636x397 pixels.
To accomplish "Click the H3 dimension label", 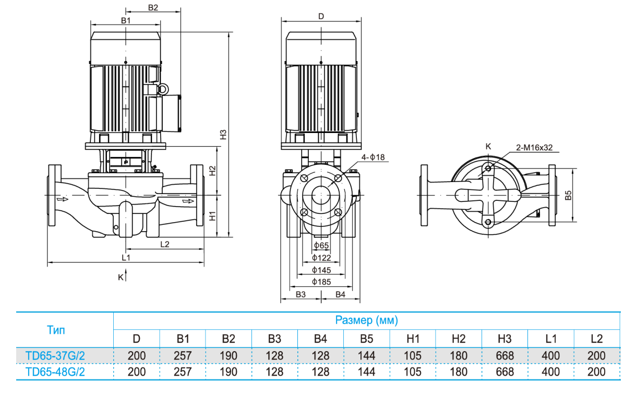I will (x=223, y=134).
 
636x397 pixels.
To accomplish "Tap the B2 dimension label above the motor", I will (x=153, y=8).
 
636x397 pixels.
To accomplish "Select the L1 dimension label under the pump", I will (x=125, y=258).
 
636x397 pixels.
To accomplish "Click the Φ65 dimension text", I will (x=321, y=245).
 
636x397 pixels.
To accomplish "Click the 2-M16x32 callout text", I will (x=534, y=148).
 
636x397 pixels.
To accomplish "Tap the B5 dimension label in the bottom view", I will (x=569, y=195).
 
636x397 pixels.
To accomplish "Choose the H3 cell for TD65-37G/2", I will (x=505, y=356).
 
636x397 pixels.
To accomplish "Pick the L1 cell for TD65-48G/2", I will (x=550, y=372).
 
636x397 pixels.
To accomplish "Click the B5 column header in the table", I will (x=366, y=339).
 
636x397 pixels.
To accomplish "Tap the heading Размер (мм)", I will (x=366, y=320).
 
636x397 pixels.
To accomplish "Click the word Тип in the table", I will (x=56, y=330).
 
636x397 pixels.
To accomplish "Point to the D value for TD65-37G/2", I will (x=136, y=356).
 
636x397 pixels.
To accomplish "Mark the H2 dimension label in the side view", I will (x=212, y=171).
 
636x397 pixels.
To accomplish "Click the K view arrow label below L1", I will (x=121, y=277).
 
